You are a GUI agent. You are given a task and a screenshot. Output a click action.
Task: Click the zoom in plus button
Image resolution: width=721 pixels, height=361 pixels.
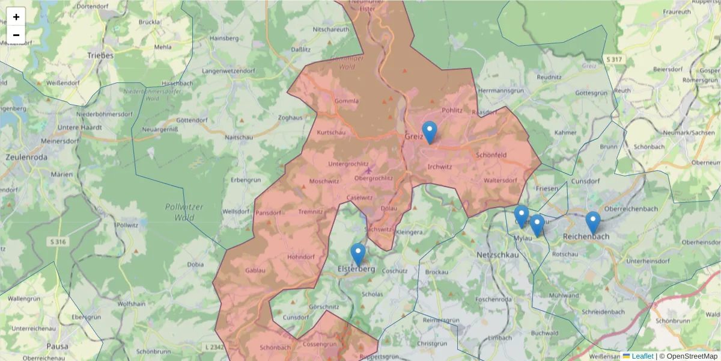[16, 17]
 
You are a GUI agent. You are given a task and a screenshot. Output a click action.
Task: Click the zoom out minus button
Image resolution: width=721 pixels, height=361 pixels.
[16, 35]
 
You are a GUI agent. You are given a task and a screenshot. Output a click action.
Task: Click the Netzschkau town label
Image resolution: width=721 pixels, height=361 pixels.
[497, 255]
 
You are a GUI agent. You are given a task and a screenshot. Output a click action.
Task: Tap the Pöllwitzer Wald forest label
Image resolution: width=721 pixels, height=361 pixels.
[184, 212]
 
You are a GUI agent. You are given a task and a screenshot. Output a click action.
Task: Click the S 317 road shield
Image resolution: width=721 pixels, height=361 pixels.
[615, 59]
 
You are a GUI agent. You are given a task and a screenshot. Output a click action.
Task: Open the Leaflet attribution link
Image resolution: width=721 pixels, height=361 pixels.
[642, 356]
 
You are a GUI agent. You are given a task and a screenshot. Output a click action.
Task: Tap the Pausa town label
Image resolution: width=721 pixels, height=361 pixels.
[58, 347]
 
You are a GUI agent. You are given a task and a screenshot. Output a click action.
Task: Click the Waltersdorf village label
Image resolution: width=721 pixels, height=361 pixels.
[500, 180]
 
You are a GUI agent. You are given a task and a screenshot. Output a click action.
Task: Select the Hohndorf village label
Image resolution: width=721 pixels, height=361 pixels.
[301, 257]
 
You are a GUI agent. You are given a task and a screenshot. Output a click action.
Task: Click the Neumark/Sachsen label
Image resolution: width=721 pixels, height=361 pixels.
[689, 132]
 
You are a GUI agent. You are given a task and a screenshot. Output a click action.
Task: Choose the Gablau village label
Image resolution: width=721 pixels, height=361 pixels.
[255, 271]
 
